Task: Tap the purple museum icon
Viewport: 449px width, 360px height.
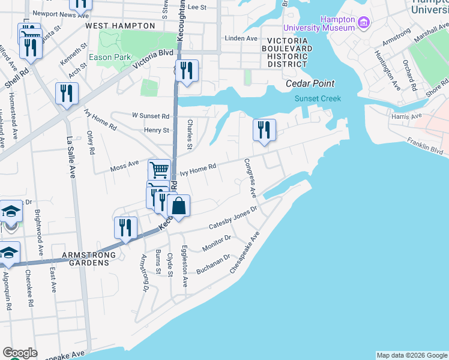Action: (x=363, y=23)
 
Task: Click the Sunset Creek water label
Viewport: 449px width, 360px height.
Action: (x=318, y=98)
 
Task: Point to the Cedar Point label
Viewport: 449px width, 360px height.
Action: (x=310, y=83)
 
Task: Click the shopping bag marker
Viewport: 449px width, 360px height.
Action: (x=179, y=206)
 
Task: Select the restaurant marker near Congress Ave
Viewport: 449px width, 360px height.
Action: (x=264, y=130)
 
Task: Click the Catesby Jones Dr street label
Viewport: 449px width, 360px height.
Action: (x=232, y=218)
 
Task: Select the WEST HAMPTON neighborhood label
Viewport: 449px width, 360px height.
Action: (x=117, y=26)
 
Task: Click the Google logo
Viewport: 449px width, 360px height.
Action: (x=20, y=353)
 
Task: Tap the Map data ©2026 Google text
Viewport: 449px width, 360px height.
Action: (x=412, y=355)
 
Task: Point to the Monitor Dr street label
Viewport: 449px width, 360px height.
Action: (x=217, y=242)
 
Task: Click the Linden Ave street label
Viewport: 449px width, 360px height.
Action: (x=240, y=38)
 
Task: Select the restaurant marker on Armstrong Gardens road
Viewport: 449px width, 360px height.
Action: (x=125, y=228)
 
